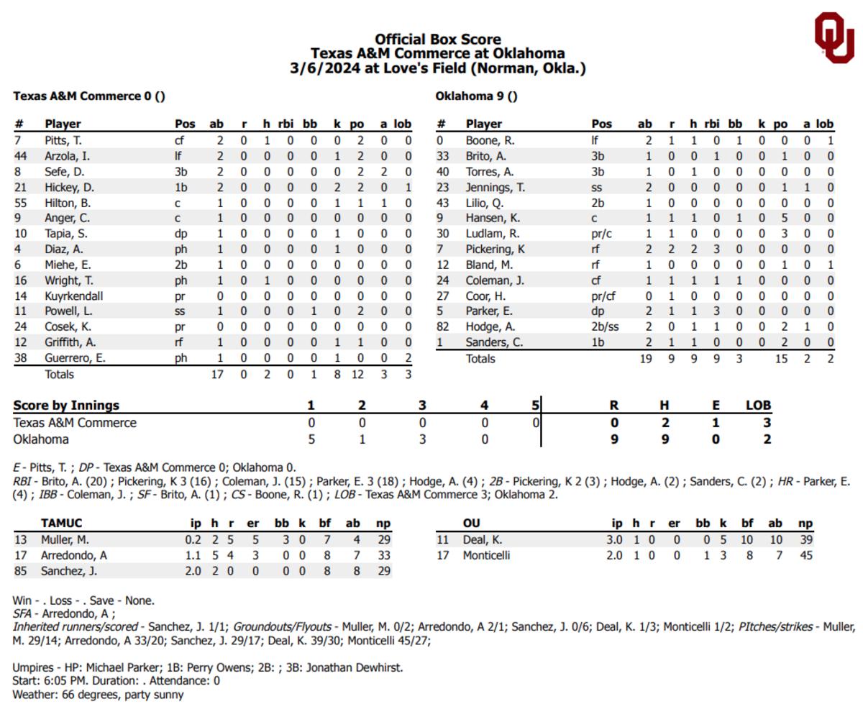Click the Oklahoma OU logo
click(x=834, y=37)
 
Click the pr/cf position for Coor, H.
click(x=605, y=296)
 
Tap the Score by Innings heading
click(x=66, y=405)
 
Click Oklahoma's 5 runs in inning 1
click(x=311, y=439)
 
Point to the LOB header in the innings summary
click(x=758, y=405)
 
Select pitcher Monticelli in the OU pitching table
click(x=487, y=555)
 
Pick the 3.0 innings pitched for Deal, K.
click(x=614, y=539)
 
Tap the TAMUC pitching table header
click(x=61, y=524)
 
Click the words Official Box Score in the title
click(x=437, y=39)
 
